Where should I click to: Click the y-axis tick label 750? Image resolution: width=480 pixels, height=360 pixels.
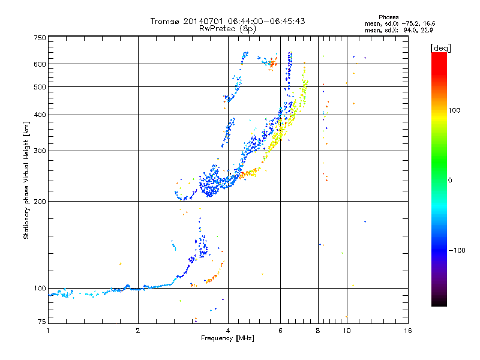40,38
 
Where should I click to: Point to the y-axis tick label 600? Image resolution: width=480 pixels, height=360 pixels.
40,64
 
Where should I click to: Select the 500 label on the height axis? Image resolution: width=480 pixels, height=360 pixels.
40,87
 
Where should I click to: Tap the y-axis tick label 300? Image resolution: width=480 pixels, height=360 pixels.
40,151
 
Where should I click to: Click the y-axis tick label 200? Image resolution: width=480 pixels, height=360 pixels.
40,202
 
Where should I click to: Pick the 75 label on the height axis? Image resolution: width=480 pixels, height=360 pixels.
42,322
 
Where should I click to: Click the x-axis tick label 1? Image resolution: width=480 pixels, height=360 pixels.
48,331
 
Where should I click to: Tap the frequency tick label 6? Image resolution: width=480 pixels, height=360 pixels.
280,331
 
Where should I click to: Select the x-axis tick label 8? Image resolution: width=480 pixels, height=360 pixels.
318,331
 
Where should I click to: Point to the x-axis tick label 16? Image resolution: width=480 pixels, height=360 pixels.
408,331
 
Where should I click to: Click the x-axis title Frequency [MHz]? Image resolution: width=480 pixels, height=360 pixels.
227,338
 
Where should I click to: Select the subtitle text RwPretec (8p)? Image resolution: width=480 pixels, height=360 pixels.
227,29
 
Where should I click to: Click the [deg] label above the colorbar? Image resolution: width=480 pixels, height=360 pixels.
440,48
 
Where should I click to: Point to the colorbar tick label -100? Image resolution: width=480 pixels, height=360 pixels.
457,250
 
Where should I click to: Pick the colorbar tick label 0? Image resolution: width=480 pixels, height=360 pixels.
450,181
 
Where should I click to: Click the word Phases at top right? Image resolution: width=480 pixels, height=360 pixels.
388,17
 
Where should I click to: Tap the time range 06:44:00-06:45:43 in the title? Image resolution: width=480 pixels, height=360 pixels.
266,21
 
